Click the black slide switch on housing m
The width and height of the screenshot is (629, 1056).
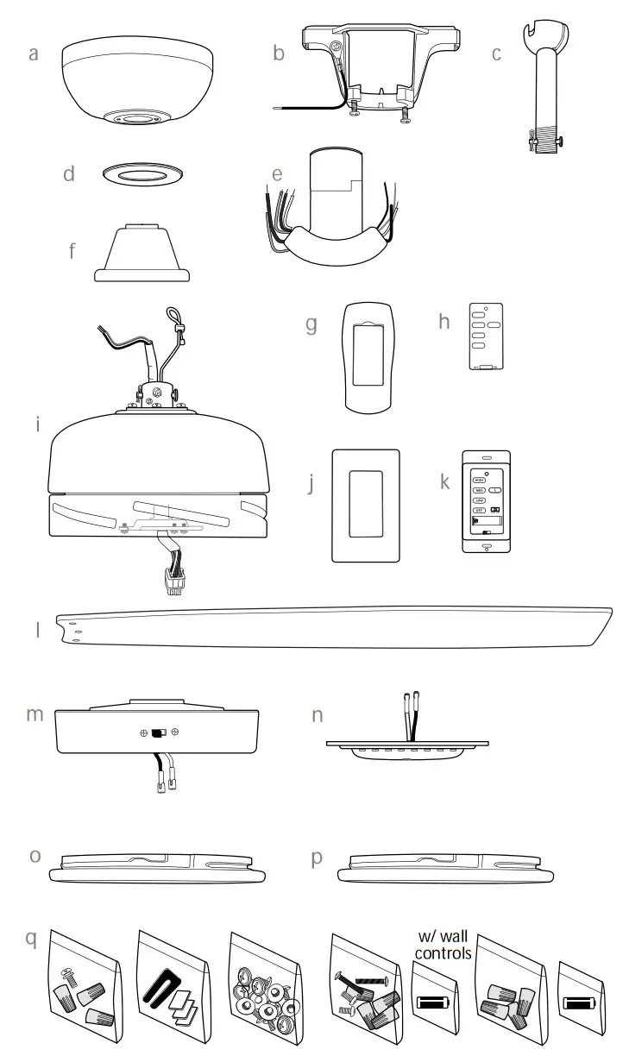coord(157,733)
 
